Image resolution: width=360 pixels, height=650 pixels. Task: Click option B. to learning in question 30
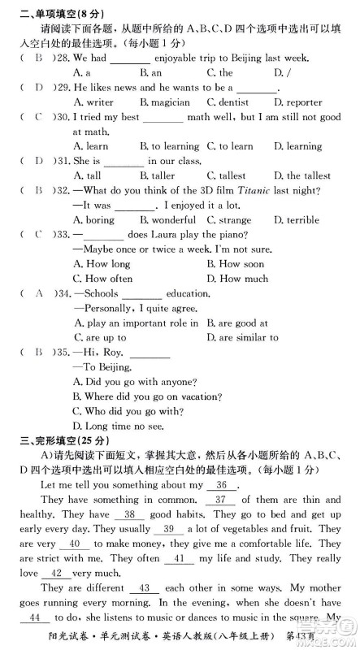click(168, 146)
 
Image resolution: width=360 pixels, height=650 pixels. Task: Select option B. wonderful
click(167, 219)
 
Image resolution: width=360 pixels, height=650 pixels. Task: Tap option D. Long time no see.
click(119, 425)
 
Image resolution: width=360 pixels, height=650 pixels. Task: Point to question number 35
click(58, 352)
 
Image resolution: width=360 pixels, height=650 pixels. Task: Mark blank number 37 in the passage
click(220, 500)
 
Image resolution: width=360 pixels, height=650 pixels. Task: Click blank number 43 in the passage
click(145, 587)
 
